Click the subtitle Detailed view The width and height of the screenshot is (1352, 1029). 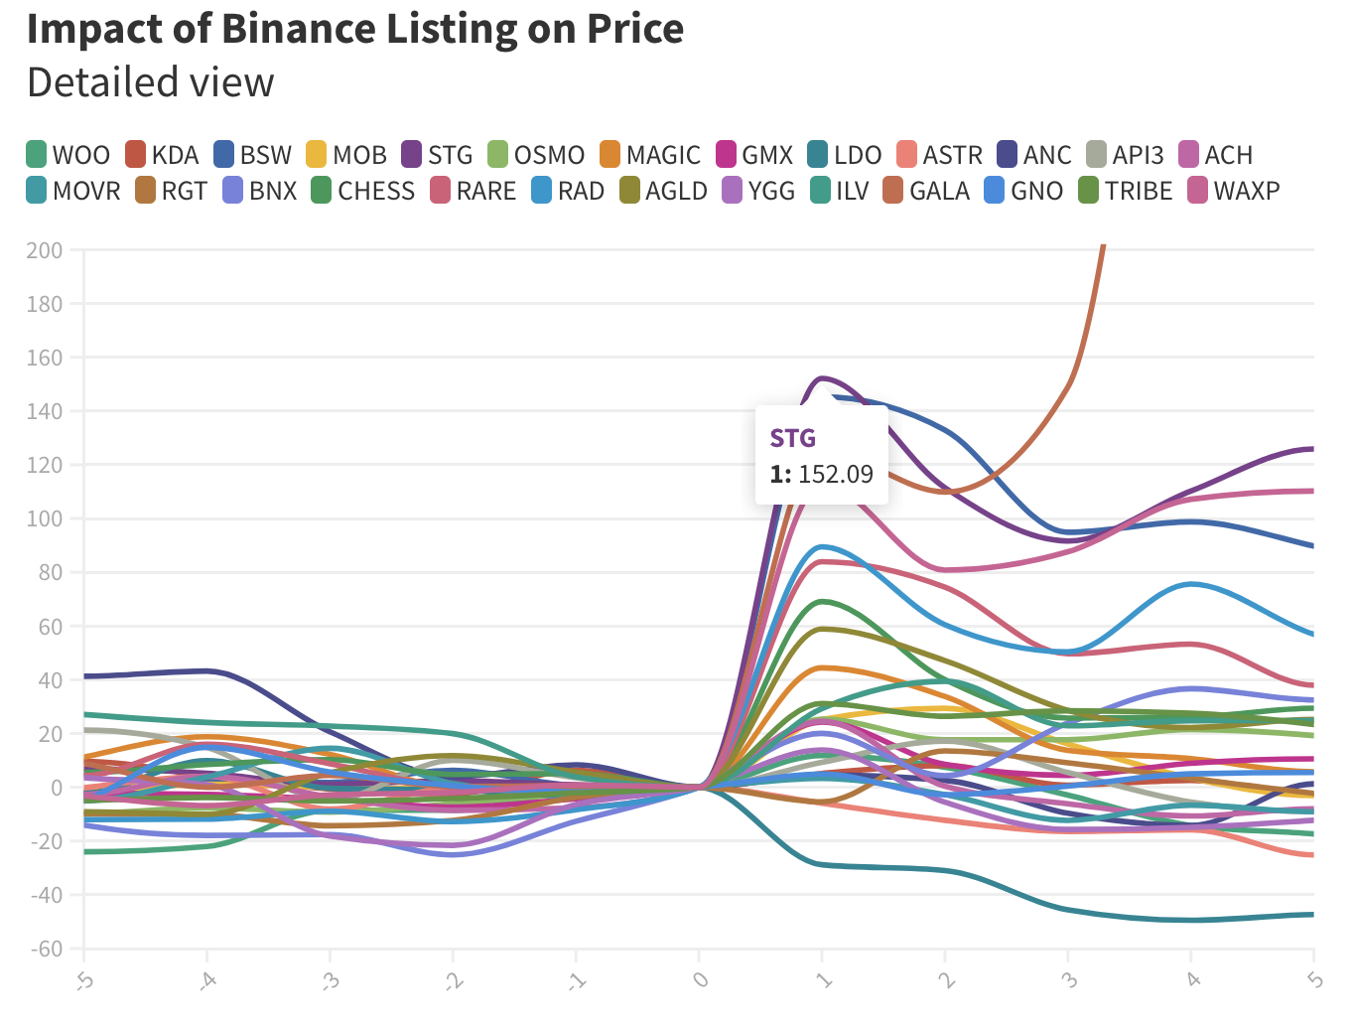[150, 82]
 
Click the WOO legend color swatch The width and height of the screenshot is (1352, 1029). [37, 155]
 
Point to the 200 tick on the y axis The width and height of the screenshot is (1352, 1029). [45, 251]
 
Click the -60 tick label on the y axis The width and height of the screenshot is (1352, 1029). [45, 949]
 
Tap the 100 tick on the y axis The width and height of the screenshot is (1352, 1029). [45, 518]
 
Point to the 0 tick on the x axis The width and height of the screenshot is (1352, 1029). [700, 980]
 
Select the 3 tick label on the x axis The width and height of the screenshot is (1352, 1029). [1069, 980]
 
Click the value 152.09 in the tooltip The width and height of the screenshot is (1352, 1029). [835, 474]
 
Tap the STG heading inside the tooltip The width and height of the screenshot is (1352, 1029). [792, 438]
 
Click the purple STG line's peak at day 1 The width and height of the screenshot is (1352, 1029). [822, 378]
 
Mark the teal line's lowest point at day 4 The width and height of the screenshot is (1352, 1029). [1191, 920]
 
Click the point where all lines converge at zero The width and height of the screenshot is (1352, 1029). [700, 788]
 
